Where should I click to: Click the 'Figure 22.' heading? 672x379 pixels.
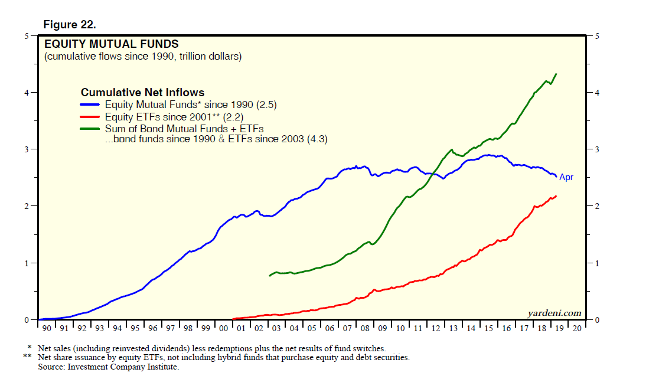coord(70,24)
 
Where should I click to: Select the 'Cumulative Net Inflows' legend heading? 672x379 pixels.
coord(142,93)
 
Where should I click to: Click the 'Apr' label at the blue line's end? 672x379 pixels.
coord(566,177)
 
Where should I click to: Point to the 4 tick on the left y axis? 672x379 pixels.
coord(27,93)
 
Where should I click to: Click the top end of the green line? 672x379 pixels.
coord(556,74)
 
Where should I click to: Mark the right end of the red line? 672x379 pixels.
coord(556,195)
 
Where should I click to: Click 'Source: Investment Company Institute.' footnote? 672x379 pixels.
coord(108,367)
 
